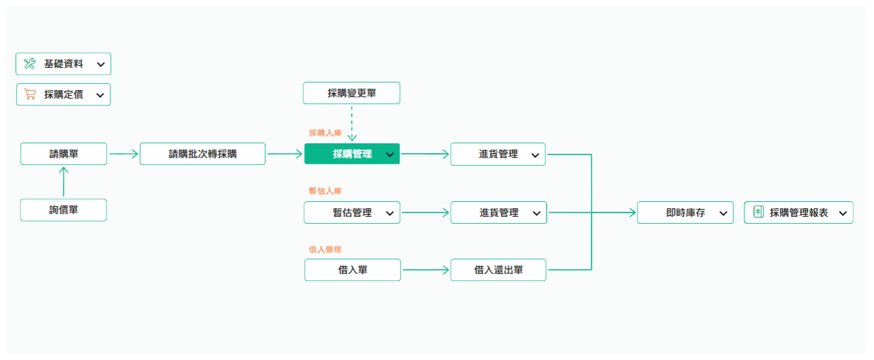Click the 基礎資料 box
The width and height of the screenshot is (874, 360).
tap(63, 64)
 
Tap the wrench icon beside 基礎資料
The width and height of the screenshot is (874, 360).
tap(29, 63)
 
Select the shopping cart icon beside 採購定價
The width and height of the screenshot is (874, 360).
tap(30, 94)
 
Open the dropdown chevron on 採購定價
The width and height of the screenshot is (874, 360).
tap(100, 95)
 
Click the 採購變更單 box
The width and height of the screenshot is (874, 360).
tap(352, 93)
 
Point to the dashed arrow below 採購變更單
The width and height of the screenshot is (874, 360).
tap(352, 123)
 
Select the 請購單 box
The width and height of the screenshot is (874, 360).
tap(64, 154)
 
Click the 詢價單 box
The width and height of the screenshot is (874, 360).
tap(64, 210)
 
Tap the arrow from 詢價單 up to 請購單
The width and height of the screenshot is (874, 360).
tap(64, 182)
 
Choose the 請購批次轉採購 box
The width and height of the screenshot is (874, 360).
tap(203, 154)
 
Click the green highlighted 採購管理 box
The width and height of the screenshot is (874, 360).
tap(352, 154)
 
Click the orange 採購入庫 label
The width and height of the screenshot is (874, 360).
tap(325, 133)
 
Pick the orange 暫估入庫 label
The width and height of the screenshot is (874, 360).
tap(325, 191)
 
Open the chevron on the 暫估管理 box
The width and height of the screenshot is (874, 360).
tap(389, 213)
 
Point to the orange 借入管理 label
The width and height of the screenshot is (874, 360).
tap(325, 250)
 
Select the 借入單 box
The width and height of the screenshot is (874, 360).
tap(352, 270)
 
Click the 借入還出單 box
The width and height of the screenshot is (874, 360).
tap(499, 270)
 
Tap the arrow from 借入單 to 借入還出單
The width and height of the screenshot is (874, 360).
tap(426, 270)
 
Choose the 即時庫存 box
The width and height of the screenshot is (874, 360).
tap(685, 213)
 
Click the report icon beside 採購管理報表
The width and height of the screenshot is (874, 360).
tap(758, 212)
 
